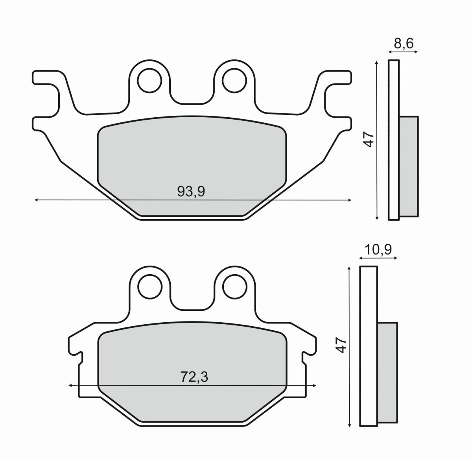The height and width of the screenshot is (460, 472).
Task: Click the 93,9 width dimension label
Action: point(192,192)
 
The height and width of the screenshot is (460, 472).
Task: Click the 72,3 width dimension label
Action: point(194,377)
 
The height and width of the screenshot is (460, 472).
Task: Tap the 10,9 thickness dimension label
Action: point(378,250)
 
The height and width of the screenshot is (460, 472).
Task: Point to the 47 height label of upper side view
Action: point(369,140)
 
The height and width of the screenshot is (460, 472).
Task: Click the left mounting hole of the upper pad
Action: point(149,80)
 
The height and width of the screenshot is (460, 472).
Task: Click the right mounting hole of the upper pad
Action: point(234,80)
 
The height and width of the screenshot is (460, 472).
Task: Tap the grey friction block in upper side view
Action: point(409,166)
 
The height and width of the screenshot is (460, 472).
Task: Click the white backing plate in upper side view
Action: point(394,140)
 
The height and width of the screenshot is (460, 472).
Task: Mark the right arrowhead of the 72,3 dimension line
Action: point(315,386)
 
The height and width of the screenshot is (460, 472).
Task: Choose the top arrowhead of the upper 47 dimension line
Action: point(377,62)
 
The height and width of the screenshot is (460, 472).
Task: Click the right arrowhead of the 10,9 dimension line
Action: point(396,259)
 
